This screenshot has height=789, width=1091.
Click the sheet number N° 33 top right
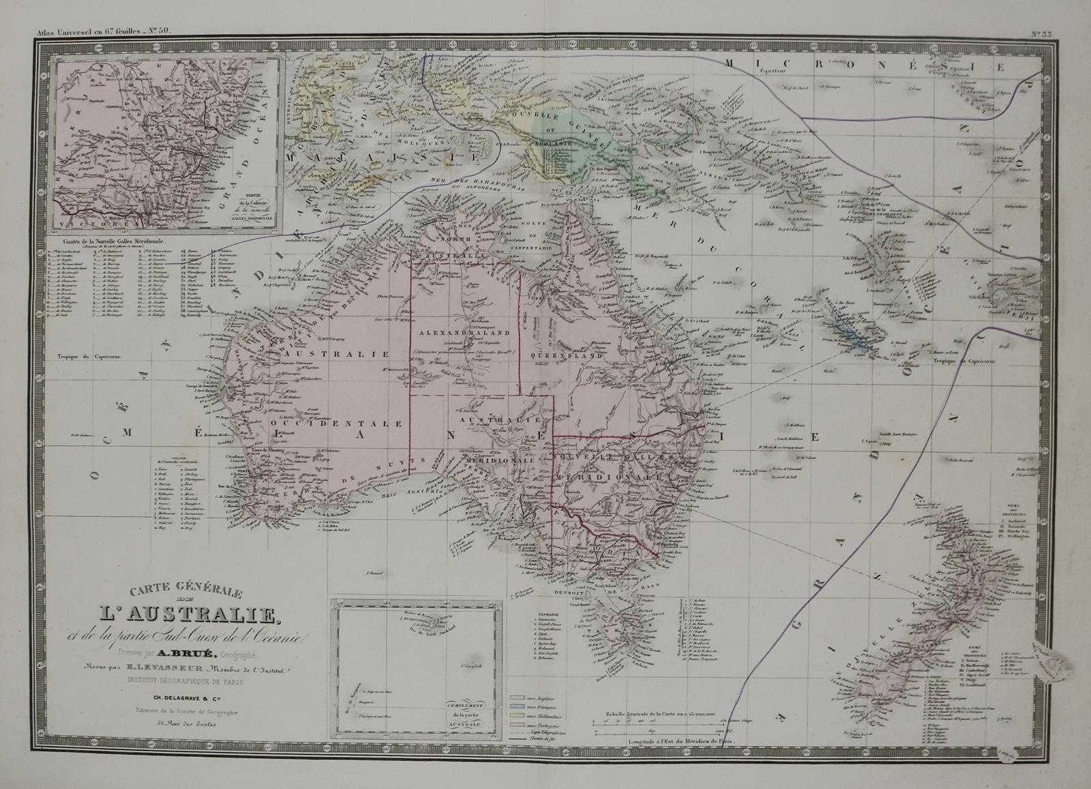click(x=1042, y=33)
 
